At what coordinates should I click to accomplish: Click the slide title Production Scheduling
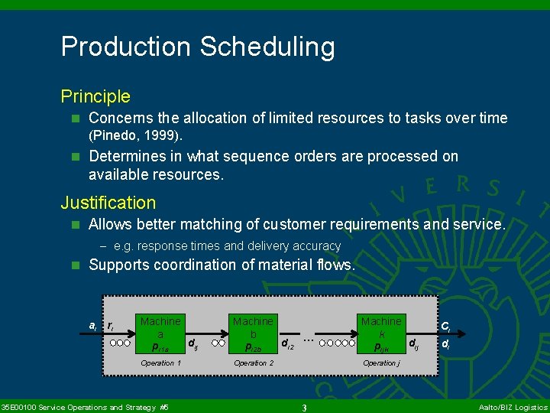198,47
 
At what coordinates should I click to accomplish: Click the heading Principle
95,97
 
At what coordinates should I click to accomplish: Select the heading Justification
108,203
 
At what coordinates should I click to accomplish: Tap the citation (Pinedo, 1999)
135,136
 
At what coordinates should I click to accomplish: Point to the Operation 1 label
160,363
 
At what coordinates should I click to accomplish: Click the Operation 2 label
253,363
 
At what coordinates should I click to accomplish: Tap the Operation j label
380,363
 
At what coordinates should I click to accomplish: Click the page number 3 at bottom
304,408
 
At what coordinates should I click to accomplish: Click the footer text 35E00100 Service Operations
85,408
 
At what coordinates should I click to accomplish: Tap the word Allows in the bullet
110,224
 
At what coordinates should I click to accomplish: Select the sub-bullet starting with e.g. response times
226,246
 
